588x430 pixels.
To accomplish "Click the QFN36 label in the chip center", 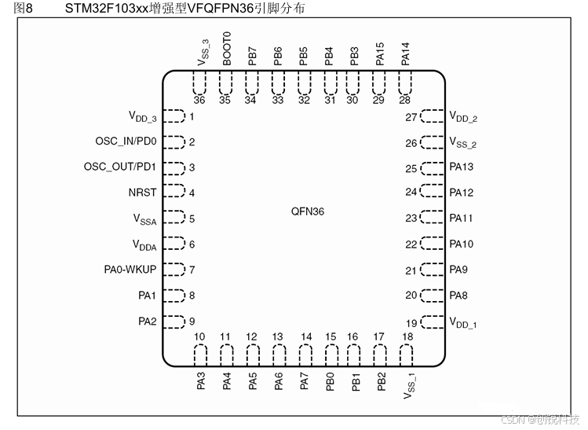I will pyautogui.click(x=307, y=211).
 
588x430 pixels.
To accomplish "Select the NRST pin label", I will pyautogui.click(x=143, y=193).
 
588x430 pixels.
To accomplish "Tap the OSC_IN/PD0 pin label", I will pyautogui.click(x=126, y=141).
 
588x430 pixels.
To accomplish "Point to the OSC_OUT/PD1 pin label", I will pyautogui.click(x=120, y=167).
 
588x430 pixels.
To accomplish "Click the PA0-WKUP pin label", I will pyautogui.click(x=130, y=270).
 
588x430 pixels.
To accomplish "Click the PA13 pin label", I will pyautogui.click(x=461, y=167).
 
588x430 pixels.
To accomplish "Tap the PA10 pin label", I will pyautogui.click(x=461, y=244).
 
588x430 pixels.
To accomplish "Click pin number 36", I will pyautogui.click(x=199, y=100).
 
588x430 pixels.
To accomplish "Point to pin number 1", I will pyautogui.click(x=192, y=117).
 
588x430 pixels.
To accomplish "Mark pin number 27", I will pyautogui.click(x=411, y=117).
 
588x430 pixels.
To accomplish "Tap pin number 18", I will pyautogui.click(x=406, y=337).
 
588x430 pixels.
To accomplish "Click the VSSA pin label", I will pyautogui.click(x=144, y=220).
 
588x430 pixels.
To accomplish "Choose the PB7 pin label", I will pyautogui.click(x=251, y=56).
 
